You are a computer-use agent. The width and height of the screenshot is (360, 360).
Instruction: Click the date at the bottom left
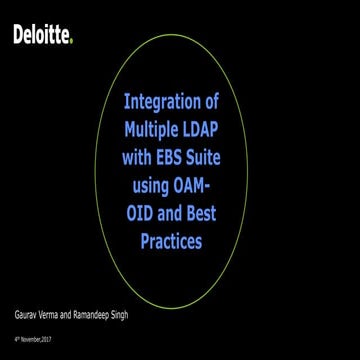29,341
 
